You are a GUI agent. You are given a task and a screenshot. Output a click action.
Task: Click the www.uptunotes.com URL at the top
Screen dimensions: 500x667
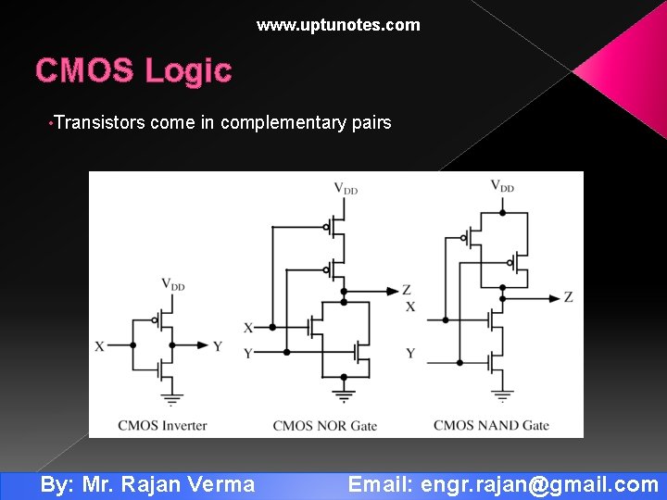click(338, 25)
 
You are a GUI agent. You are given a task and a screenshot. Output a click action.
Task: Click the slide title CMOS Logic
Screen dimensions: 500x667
click(133, 70)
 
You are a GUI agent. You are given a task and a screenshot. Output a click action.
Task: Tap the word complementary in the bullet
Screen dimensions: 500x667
click(281, 122)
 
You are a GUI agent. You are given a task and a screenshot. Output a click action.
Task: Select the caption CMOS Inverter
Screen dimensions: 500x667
click(162, 426)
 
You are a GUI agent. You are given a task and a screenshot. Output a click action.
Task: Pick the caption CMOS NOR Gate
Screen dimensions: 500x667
click(324, 426)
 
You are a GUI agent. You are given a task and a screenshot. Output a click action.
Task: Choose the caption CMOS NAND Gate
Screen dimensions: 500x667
click(491, 426)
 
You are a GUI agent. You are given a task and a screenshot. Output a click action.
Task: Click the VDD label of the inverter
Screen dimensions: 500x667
click(173, 284)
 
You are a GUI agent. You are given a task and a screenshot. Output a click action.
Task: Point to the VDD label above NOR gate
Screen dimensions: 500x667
click(346, 188)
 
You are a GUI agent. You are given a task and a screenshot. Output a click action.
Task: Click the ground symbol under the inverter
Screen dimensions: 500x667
click(170, 401)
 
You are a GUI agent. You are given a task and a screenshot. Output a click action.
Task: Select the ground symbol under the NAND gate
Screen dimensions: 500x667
click(502, 395)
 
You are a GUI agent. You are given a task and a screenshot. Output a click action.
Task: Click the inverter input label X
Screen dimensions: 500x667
click(99, 346)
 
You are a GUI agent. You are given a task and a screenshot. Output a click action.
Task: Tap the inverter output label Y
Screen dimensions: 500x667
click(218, 346)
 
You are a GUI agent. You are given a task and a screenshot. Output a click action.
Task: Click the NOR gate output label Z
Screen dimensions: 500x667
click(407, 290)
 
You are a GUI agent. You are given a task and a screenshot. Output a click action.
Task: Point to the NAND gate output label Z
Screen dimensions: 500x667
click(568, 297)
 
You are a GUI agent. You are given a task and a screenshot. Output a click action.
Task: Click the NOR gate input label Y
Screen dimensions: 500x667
click(247, 353)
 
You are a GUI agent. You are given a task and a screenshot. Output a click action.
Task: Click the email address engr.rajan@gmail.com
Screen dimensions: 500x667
click(539, 484)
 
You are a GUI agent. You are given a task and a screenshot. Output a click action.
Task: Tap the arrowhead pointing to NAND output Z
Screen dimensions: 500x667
click(554, 297)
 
